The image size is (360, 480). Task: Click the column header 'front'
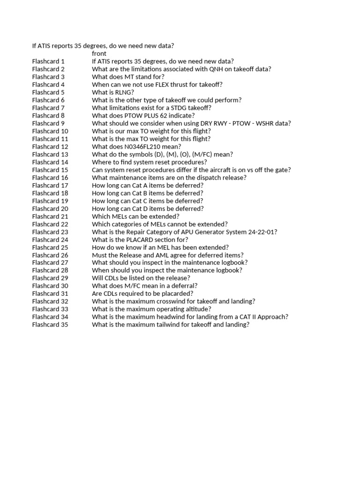click(99, 53)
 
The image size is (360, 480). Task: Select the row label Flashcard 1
click(48, 61)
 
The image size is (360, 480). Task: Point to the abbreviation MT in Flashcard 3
click(129, 77)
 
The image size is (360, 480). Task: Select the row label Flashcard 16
click(50, 178)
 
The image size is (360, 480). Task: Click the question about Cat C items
click(147, 201)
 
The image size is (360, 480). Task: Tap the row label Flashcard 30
click(50, 285)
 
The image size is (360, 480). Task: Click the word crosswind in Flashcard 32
click(172, 301)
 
